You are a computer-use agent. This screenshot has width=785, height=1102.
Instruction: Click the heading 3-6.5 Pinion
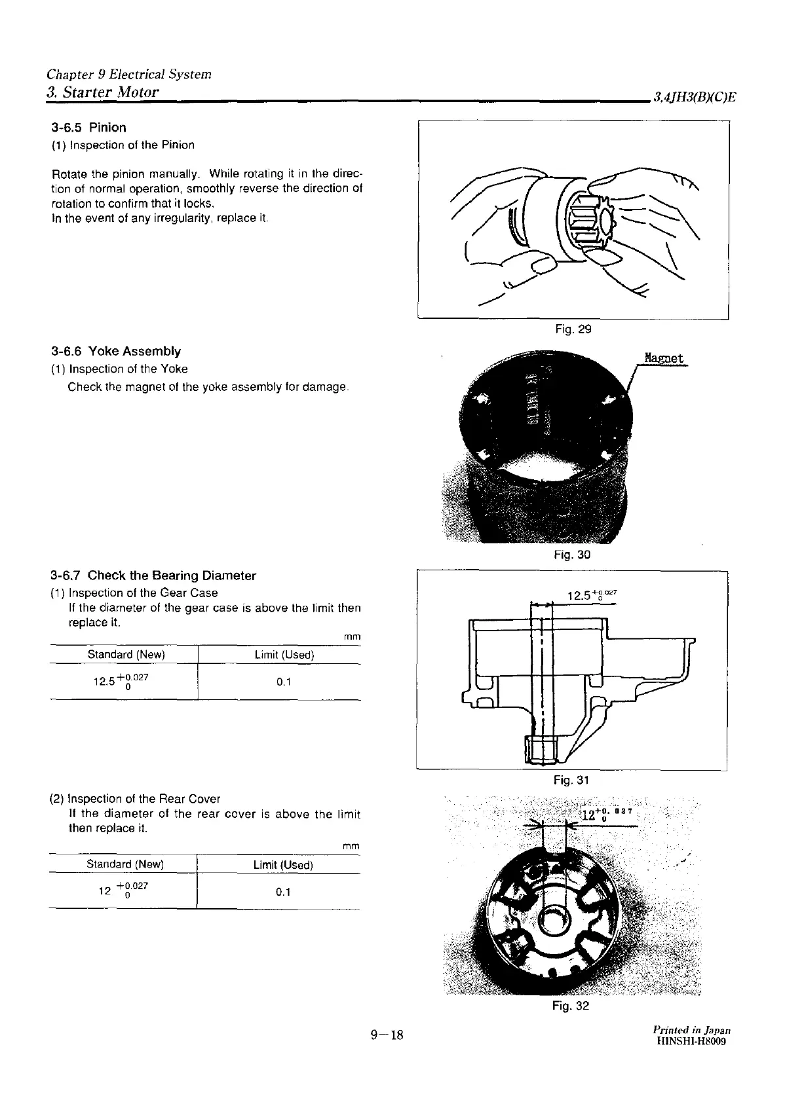[x=88, y=128]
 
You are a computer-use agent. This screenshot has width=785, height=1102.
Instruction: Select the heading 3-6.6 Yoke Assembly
[x=115, y=352]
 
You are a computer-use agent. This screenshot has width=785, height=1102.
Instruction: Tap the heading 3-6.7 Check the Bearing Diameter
[x=153, y=576]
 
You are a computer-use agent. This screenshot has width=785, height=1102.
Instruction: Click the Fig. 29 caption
[x=573, y=329]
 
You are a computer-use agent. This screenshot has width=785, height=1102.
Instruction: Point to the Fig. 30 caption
[x=572, y=555]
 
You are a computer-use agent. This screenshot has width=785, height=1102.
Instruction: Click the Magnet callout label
[x=663, y=358]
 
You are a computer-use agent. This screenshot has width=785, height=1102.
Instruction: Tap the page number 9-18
[x=387, y=1035]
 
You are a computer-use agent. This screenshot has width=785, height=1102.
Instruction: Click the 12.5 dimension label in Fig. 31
[x=592, y=595]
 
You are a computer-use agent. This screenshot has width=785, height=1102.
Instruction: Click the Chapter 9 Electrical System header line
[x=129, y=74]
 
